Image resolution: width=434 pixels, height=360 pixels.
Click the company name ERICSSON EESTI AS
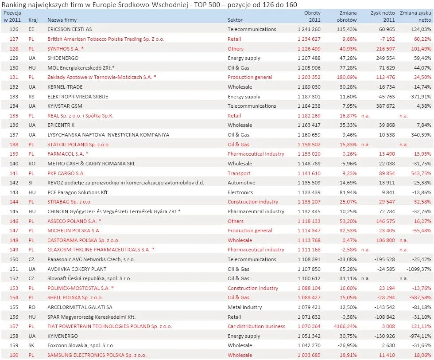[70, 29]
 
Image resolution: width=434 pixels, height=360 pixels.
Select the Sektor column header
[235, 20]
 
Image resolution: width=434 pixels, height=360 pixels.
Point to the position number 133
[13, 97]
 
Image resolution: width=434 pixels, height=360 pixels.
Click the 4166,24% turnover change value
[344, 326]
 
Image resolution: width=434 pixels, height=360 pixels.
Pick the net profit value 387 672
[384, 106]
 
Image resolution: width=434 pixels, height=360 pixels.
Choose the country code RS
[31, 97]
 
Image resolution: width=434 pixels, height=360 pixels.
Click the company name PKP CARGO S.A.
[66, 173]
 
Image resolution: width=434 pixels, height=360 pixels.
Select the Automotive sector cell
[241, 183]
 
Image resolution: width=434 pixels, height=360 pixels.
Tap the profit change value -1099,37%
[416, 269]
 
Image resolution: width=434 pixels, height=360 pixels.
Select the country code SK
[31, 345]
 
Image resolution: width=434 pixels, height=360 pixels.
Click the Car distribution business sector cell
[256, 326]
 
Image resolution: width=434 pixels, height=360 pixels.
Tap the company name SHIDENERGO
[63, 58]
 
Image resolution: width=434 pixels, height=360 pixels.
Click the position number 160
[13, 355]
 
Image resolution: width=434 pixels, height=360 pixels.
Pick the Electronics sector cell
[240, 192]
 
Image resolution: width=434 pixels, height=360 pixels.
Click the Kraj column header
[33, 20]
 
